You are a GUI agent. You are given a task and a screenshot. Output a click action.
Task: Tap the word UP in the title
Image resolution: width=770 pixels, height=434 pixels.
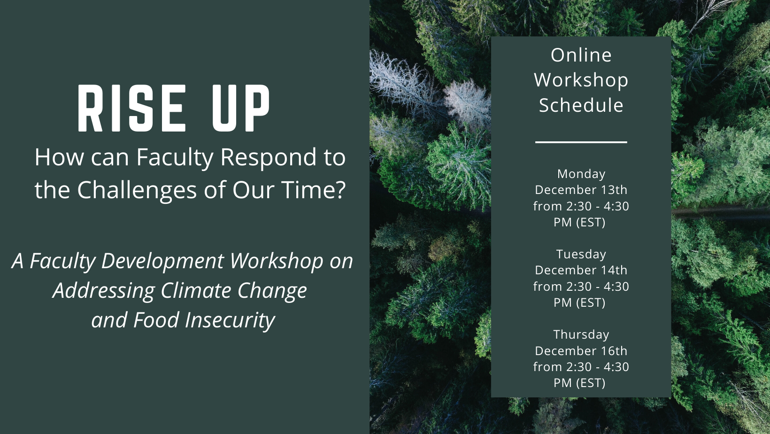pyautogui.click(x=241, y=108)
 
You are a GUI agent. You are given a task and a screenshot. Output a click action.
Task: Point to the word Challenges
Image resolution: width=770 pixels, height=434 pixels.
pyautogui.click(x=137, y=190)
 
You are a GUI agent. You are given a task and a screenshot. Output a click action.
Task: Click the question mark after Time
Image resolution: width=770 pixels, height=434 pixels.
pyautogui.click(x=340, y=189)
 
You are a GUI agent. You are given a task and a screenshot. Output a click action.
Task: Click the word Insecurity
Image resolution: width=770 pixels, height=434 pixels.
pyautogui.click(x=230, y=320)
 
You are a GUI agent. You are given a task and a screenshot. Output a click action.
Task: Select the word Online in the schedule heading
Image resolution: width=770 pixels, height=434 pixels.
pyautogui.click(x=581, y=55)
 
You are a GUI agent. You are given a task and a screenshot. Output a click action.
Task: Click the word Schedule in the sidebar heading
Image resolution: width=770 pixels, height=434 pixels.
pyautogui.click(x=581, y=105)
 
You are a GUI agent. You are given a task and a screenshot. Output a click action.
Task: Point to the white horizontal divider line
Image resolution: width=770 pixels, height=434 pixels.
pyautogui.click(x=581, y=142)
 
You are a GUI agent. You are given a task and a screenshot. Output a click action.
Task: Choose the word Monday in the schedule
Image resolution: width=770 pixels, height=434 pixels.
pyautogui.click(x=581, y=174)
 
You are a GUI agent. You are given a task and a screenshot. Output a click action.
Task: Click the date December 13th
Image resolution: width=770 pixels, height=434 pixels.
pyautogui.click(x=581, y=190)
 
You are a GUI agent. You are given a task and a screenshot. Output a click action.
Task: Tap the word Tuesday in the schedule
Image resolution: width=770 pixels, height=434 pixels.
pyautogui.click(x=581, y=255)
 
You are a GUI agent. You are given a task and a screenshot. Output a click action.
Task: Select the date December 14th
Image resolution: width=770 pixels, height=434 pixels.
pyautogui.click(x=581, y=270)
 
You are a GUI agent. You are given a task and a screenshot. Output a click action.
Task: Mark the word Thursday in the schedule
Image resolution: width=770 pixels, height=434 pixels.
pyautogui.click(x=581, y=334)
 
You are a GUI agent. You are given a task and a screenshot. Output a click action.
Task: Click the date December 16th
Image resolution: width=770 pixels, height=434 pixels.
pyautogui.click(x=581, y=351)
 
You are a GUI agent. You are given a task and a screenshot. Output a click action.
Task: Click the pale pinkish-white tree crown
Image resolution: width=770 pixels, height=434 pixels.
pyautogui.click(x=467, y=102)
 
